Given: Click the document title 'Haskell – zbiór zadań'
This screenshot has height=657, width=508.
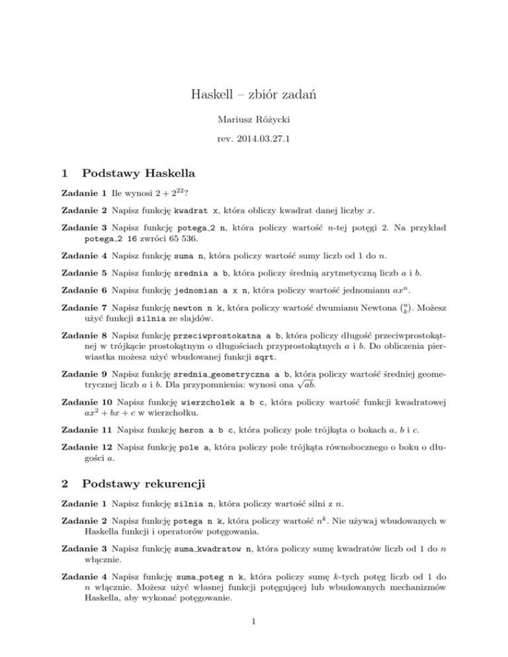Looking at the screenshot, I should [253, 95].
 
